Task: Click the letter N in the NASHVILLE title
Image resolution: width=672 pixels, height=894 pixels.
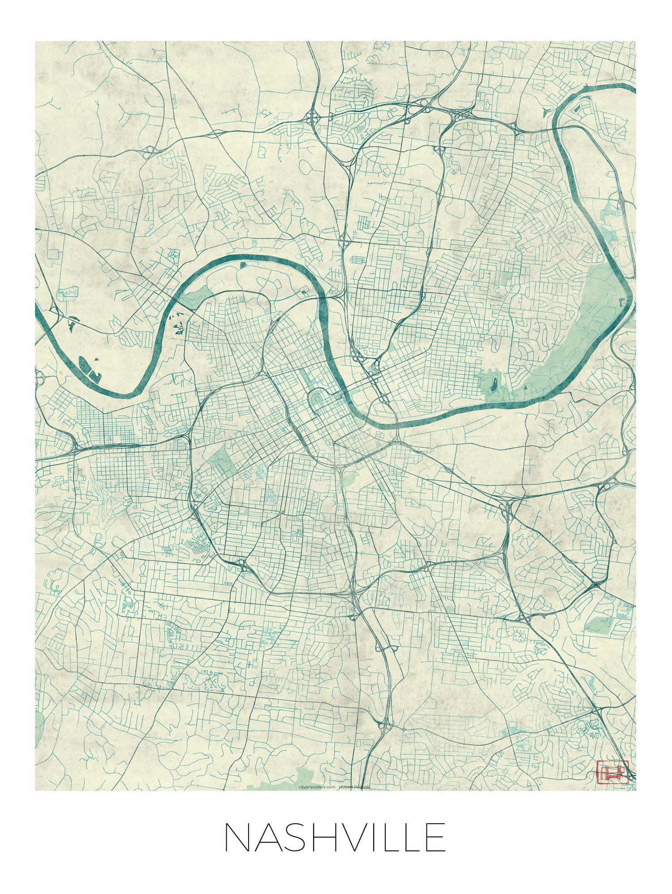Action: click(x=236, y=837)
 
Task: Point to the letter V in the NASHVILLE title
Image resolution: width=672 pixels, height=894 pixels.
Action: click(x=350, y=837)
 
